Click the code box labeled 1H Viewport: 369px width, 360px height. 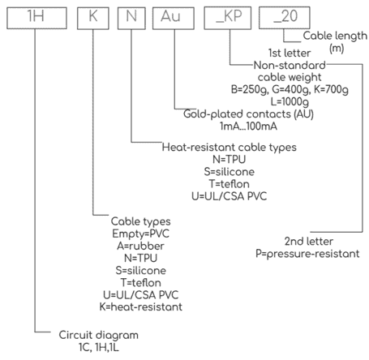(36, 18)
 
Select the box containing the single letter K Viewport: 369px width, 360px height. (93, 18)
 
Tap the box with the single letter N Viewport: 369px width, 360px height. (131, 18)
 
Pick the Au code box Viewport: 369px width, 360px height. (174, 18)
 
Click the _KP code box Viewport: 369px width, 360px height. (228, 18)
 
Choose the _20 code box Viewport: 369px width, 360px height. (285, 18)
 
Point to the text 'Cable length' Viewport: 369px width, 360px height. (335, 36)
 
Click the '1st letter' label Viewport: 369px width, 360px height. (290, 53)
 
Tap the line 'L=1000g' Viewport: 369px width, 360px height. (290, 101)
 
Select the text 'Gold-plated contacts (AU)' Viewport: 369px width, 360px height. (248, 114)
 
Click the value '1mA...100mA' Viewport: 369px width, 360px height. (248, 126)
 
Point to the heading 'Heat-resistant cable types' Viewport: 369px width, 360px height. (230, 148)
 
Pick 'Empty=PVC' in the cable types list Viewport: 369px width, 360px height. (141, 234)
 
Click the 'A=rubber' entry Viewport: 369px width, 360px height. (140, 246)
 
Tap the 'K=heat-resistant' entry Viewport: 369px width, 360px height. (141, 306)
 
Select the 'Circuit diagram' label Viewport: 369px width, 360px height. (99, 335)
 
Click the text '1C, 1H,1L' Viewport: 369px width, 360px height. (99, 347)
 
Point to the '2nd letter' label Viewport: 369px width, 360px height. (309, 241)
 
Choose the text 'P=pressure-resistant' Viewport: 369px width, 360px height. (307, 254)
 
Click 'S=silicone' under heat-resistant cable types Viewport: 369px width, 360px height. (230, 172)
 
